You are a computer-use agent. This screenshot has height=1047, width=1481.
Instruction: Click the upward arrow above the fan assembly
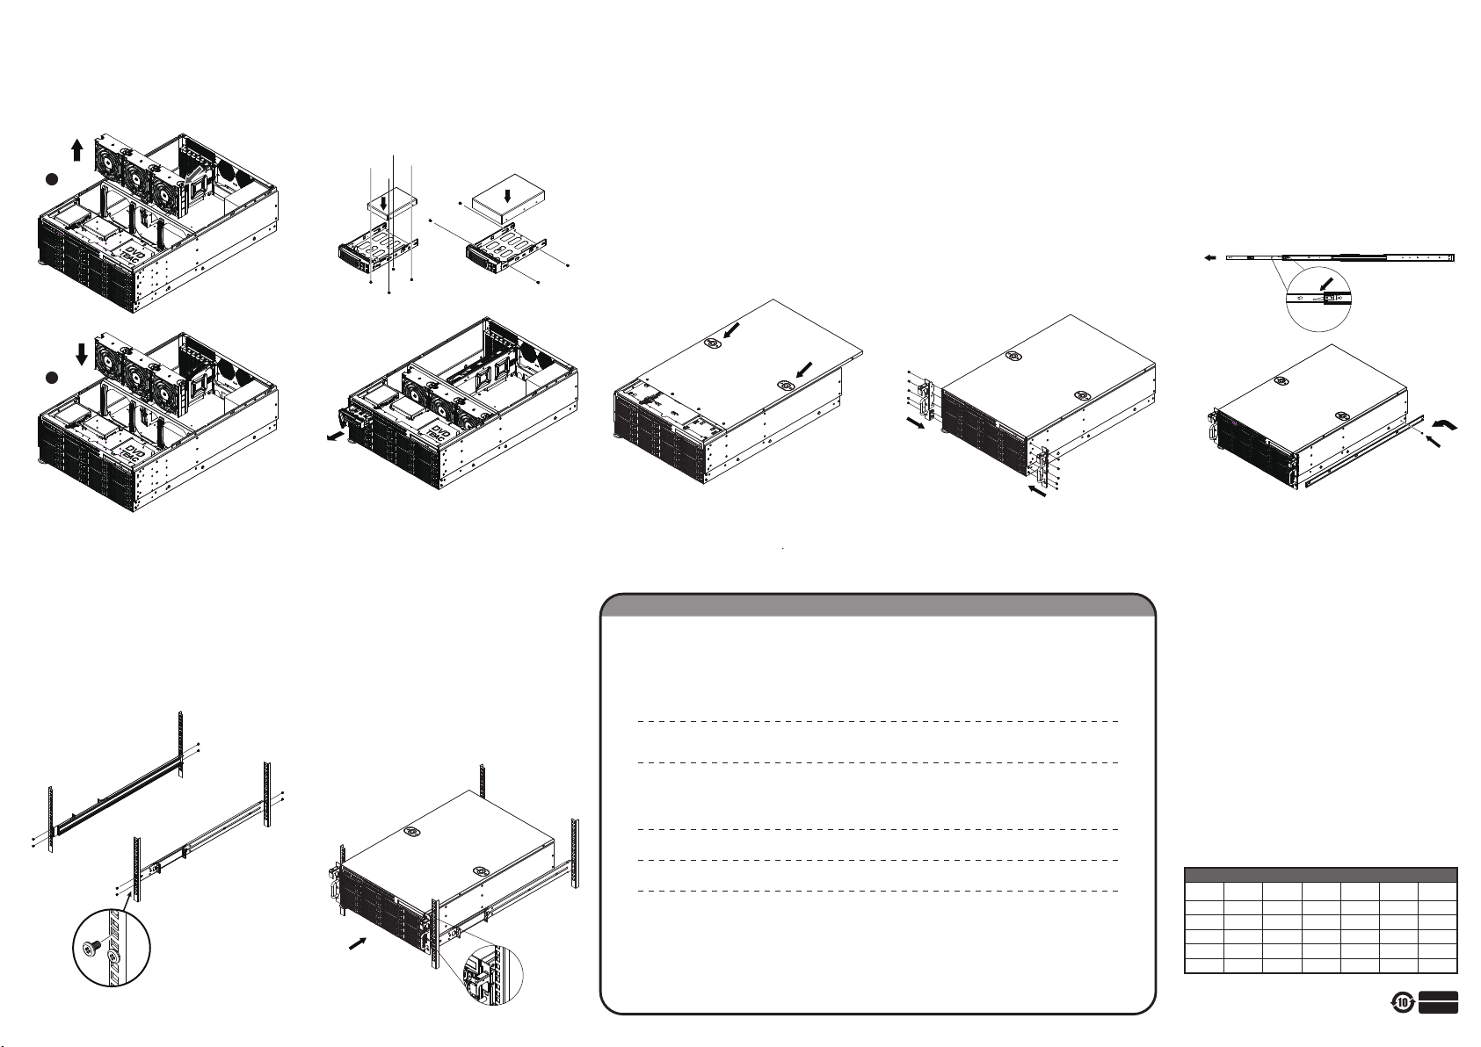(x=77, y=148)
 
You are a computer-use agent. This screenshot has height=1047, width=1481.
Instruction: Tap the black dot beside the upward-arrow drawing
(x=53, y=179)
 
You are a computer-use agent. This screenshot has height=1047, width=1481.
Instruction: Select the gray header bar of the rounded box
(x=876, y=606)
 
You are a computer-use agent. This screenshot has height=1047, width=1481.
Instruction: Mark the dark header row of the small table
(x=1321, y=874)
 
